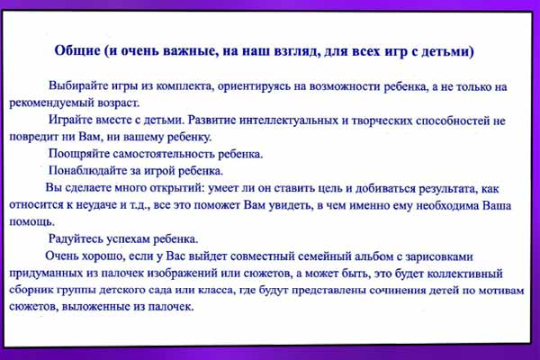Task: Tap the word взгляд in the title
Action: click(x=296, y=52)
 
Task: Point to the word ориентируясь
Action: click(x=254, y=86)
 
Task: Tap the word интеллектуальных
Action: click(x=289, y=121)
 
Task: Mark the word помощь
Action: click(x=31, y=222)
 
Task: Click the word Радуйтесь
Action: click(x=76, y=238)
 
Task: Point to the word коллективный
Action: click(x=465, y=274)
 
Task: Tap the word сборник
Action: click(x=31, y=290)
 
